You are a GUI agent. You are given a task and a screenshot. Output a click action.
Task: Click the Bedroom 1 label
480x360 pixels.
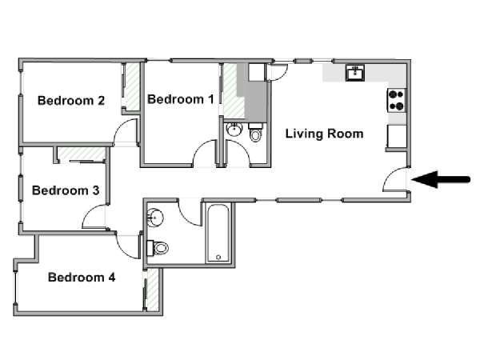point(181,99)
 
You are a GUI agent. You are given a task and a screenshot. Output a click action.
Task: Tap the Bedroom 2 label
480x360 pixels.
point(71,101)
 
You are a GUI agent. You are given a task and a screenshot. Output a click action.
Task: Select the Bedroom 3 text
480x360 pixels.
point(66,190)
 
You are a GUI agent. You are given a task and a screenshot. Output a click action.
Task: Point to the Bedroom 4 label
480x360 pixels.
point(82,278)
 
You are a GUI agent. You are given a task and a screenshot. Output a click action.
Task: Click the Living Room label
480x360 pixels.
point(324,134)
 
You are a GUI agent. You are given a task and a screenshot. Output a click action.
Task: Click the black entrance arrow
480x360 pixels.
point(441,179)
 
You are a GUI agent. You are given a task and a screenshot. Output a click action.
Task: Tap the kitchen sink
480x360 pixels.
point(355,73)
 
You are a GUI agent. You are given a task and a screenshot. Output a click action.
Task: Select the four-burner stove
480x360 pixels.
point(397,100)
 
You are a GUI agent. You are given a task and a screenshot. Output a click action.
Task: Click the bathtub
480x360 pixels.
point(218,234)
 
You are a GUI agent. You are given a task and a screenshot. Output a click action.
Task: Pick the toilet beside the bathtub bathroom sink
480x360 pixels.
point(158,248)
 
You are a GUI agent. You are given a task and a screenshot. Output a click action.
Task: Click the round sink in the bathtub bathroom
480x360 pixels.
point(155,218)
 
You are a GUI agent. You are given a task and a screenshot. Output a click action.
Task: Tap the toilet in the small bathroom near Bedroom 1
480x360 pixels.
point(256,132)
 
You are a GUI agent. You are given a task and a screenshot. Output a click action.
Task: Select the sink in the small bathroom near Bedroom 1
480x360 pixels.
point(234,130)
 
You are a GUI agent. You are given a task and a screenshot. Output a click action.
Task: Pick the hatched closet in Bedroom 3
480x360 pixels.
point(82,154)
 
